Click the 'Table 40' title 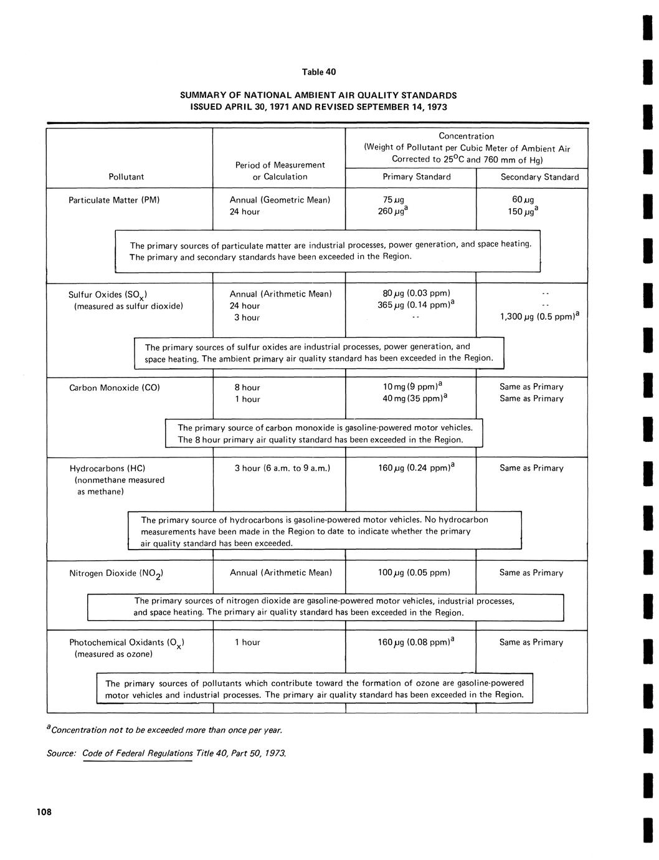318,72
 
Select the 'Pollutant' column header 126,176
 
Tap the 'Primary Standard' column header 416,176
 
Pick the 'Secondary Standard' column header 539,177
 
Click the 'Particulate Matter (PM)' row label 115,200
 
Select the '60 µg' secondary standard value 519,200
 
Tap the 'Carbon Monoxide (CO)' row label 115,388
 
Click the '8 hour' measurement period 247,388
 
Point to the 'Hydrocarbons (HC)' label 108,468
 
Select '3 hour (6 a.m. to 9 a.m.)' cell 282,468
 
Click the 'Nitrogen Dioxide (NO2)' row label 116,573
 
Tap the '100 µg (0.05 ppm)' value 414,573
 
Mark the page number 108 44,811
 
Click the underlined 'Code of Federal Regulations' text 138,753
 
